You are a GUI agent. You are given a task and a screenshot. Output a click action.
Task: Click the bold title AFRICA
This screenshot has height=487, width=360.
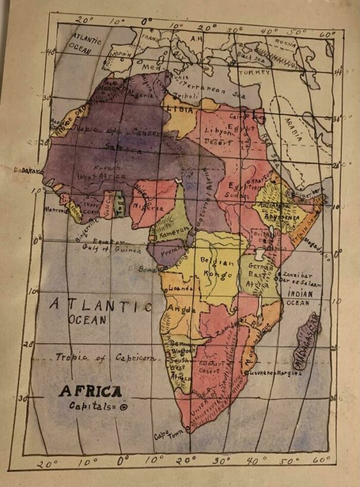point(90,392)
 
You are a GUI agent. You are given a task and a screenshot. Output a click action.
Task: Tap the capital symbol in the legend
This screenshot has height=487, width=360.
point(124,407)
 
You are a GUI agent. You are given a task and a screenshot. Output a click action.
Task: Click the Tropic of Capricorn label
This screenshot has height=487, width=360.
point(105,358)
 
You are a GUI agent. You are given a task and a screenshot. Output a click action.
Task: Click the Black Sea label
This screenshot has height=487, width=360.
point(251,55)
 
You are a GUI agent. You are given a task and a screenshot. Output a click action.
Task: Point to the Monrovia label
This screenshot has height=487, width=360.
point(57,210)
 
